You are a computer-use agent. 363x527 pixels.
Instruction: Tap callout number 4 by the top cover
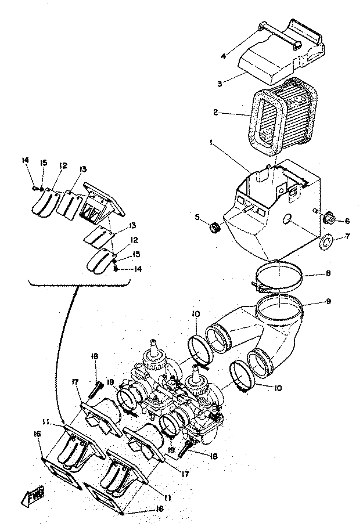pos(224,56)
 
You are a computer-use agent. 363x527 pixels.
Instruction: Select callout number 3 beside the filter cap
pos(220,84)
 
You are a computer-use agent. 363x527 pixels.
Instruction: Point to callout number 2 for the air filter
pos(215,112)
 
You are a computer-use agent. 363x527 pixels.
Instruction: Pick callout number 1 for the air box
pos(211,143)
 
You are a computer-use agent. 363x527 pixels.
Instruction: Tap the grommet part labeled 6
pos(328,220)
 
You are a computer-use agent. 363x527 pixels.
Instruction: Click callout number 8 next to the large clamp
pos(328,273)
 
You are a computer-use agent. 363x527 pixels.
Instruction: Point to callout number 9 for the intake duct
pos(328,301)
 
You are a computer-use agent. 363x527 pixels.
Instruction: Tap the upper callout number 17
pos(75,382)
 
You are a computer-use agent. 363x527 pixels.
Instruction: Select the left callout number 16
pos(37,434)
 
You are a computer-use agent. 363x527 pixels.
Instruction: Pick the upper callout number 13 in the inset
pos(82,169)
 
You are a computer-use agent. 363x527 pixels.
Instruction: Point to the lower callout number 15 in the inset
pos(136,254)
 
